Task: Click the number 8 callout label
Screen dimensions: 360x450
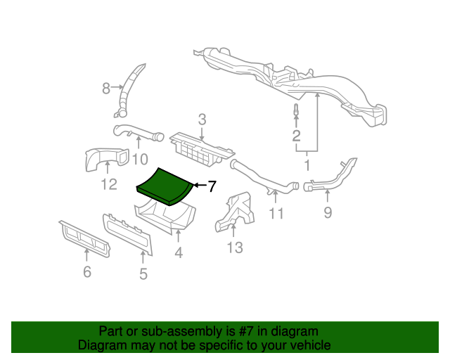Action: click(107, 89)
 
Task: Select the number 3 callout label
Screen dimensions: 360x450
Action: click(201, 120)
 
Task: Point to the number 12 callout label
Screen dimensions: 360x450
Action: click(108, 185)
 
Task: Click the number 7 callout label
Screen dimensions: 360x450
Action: click(212, 186)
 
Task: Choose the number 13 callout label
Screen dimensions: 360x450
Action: click(234, 247)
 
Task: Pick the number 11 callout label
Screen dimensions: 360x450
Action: click(276, 212)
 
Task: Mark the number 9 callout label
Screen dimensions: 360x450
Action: click(328, 212)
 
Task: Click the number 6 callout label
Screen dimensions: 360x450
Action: click(87, 271)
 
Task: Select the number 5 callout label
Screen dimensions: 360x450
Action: click(143, 274)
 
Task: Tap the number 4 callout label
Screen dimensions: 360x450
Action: click(179, 252)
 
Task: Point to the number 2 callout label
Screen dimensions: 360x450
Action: click(297, 136)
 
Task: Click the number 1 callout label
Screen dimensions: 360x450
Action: click(307, 166)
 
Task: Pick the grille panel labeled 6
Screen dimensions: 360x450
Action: click(84, 238)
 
